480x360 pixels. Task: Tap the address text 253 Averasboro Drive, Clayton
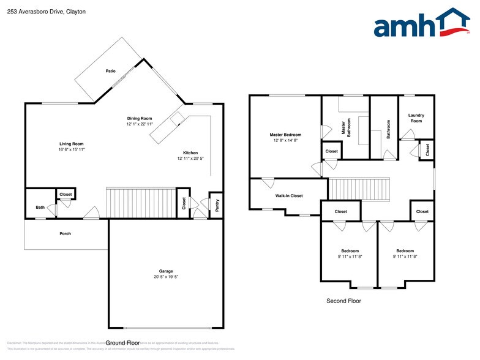[x=38, y=12]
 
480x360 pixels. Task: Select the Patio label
[x=110, y=71]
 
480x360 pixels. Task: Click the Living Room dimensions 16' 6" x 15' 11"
[x=71, y=149]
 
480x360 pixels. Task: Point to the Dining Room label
[x=139, y=118]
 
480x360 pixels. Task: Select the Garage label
[x=166, y=271]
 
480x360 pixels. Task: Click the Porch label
[x=65, y=233]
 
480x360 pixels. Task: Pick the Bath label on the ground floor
[x=40, y=208]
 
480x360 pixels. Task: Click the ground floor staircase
[x=141, y=203]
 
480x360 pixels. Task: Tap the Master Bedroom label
[x=285, y=135]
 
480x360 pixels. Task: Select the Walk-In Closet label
[x=288, y=196]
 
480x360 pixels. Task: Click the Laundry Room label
[x=416, y=118]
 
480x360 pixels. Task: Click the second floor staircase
[x=359, y=189]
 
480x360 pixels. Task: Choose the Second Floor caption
[x=343, y=301]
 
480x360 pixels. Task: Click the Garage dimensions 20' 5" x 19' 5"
[x=166, y=277]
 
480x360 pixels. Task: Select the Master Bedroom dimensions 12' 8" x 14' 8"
[x=285, y=141]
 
